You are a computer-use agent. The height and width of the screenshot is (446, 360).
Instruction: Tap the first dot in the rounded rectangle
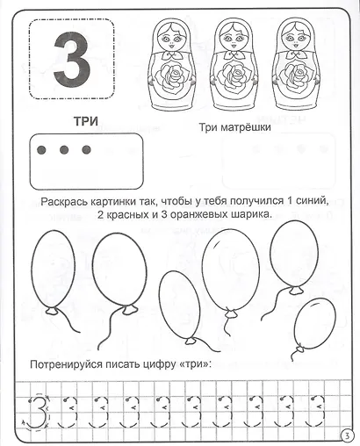pyautogui.click(x=43, y=150)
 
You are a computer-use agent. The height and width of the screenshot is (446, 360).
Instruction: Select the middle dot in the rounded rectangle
pyautogui.click(x=65, y=150)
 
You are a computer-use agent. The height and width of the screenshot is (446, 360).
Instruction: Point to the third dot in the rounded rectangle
pyautogui.click(x=86, y=150)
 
